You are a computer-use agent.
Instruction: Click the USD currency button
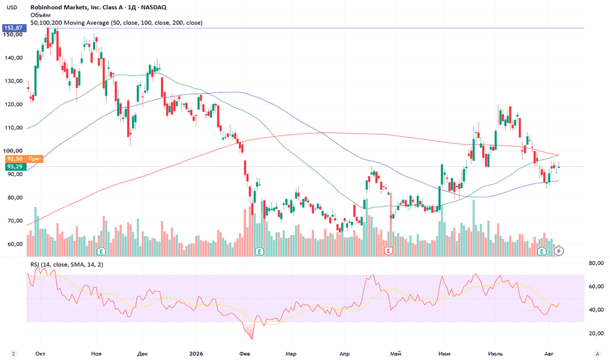click(12, 7)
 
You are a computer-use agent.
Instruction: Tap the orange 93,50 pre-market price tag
click(24, 159)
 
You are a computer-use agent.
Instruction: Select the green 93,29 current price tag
click(16, 166)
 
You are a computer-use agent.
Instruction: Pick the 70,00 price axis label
click(16, 221)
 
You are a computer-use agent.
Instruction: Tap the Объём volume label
click(41, 15)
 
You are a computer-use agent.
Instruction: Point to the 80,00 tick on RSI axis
click(596, 264)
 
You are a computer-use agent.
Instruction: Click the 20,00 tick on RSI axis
click(596, 334)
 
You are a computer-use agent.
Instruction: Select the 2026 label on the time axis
click(196, 353)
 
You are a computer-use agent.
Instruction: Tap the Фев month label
click(244, 353)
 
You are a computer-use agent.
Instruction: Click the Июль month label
click(495, 353)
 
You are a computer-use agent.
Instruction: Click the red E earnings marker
click(388, 251)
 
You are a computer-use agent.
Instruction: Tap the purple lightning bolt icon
click(559, 251)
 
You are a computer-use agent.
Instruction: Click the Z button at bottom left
click(14, 353)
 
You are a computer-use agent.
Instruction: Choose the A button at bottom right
click(597, 353)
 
